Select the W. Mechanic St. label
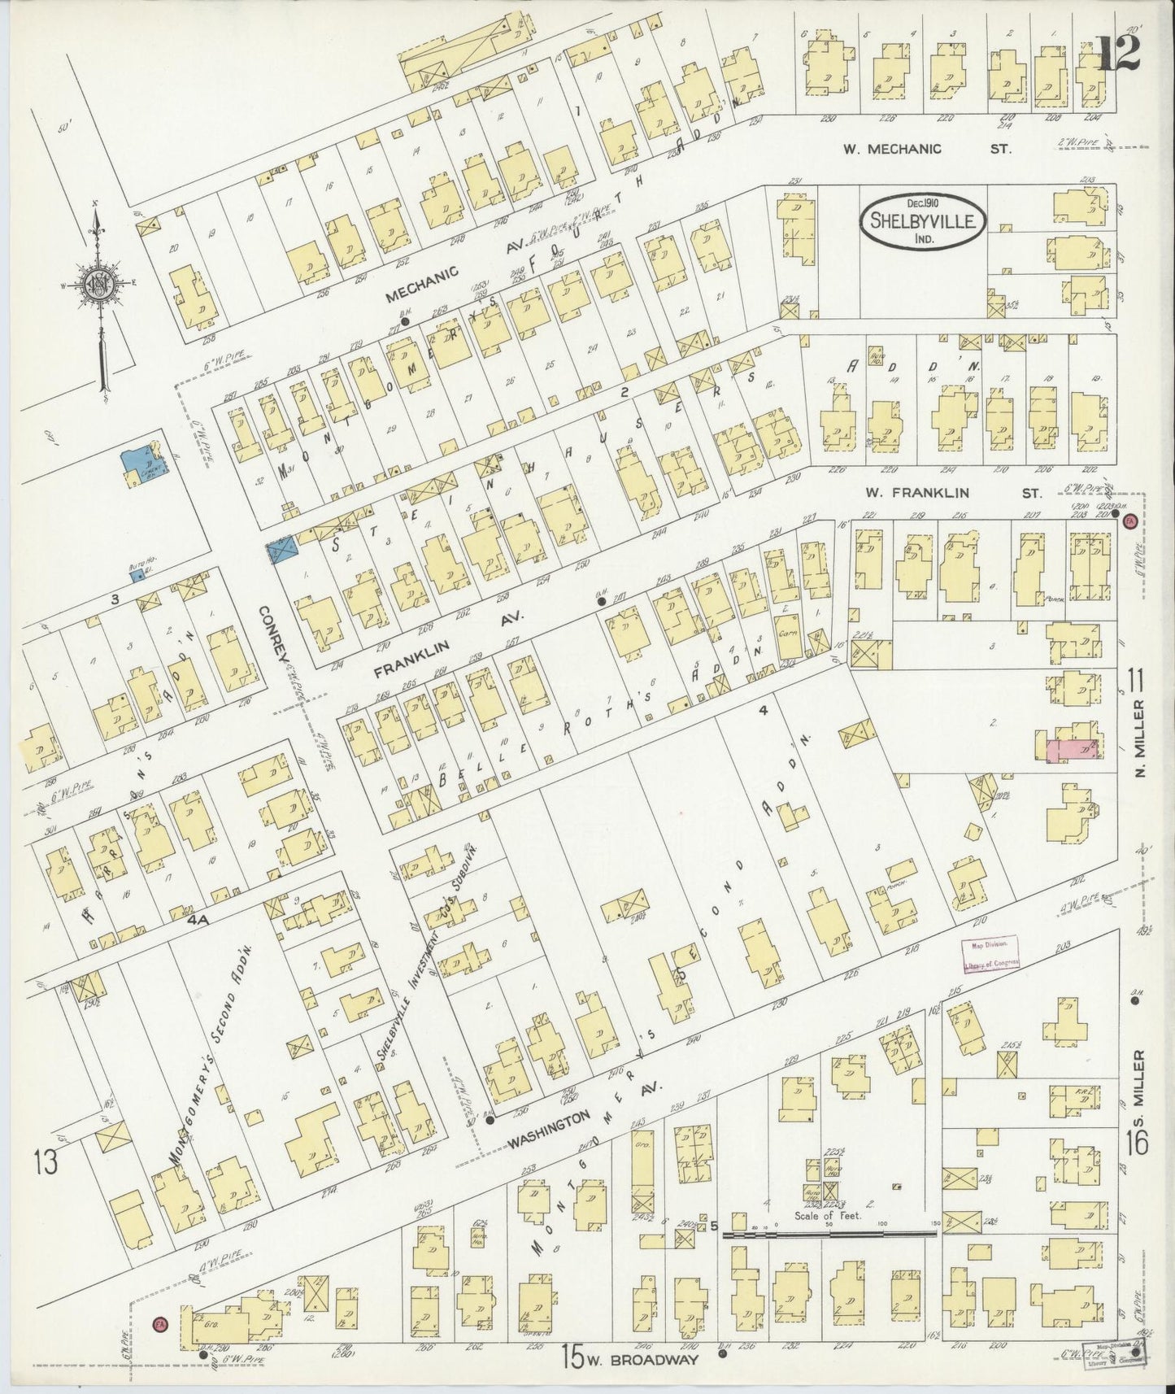click(x=926, y=148)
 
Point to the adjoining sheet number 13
click(x=46, y=1163)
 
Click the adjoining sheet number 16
click(x=1136, y=1144)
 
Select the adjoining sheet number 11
click(x=1136, y=676)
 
